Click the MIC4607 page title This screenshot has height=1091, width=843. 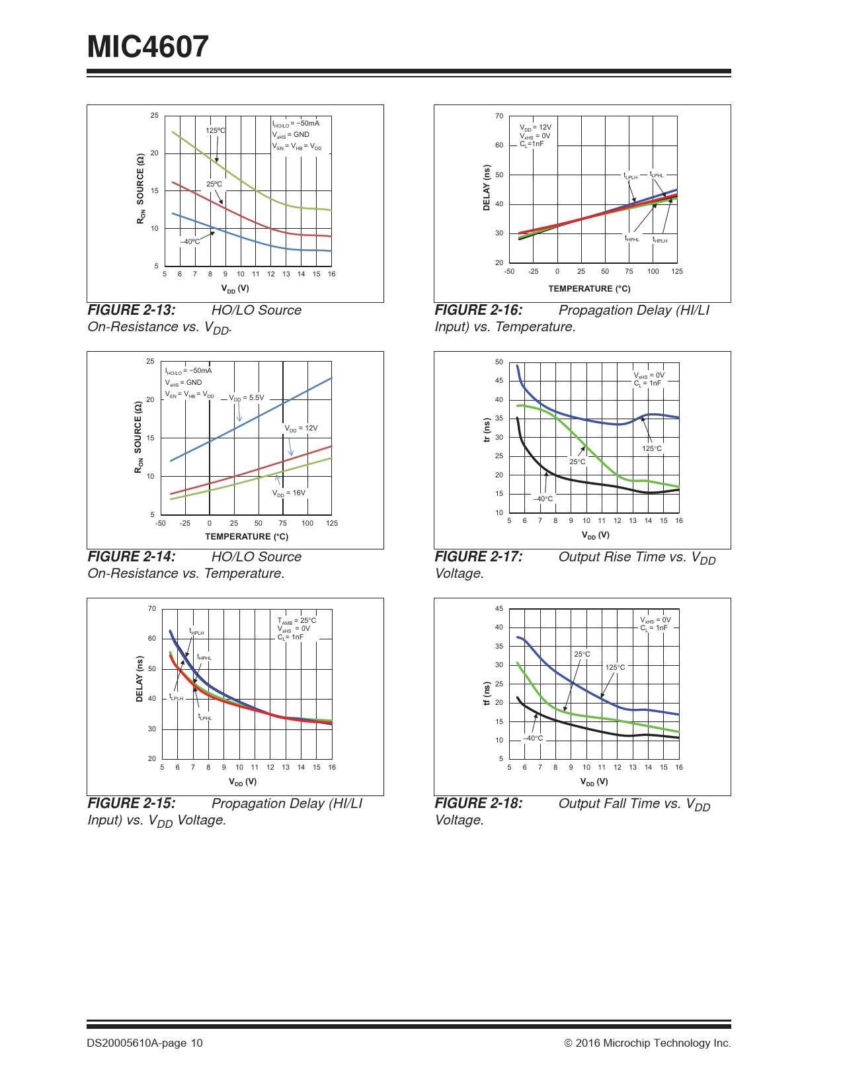click(148, 47)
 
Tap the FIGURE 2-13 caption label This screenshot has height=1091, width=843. click(132, 310)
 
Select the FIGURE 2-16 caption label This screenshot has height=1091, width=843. click(479, 310)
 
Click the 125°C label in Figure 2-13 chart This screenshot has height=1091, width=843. click(215, 130)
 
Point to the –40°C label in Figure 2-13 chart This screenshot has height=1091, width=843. click(190, 242)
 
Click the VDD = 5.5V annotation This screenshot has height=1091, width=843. click(247, 398)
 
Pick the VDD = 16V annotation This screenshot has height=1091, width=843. click(289, 493)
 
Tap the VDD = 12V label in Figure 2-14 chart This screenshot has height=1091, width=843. click(301, 428)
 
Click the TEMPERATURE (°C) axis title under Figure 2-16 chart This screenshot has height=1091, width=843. click(589, 289)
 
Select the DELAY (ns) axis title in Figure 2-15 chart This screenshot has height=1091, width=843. click(140, 679)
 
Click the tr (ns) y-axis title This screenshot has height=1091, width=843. click(487, 430)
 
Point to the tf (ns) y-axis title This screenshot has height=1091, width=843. click(487, 694)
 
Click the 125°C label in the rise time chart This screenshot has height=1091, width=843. click(651, 449)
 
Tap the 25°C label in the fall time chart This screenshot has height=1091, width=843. click(582, 655)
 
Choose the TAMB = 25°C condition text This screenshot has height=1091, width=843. click(296, 621)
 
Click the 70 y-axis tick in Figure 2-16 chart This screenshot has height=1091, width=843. click(499, 116)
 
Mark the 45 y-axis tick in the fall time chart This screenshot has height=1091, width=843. click(499, 609)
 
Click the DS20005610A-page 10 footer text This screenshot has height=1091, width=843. click(145, 1043)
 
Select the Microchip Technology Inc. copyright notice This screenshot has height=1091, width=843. click(647, 1043)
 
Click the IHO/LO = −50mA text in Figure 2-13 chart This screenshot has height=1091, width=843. click(296, 124)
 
